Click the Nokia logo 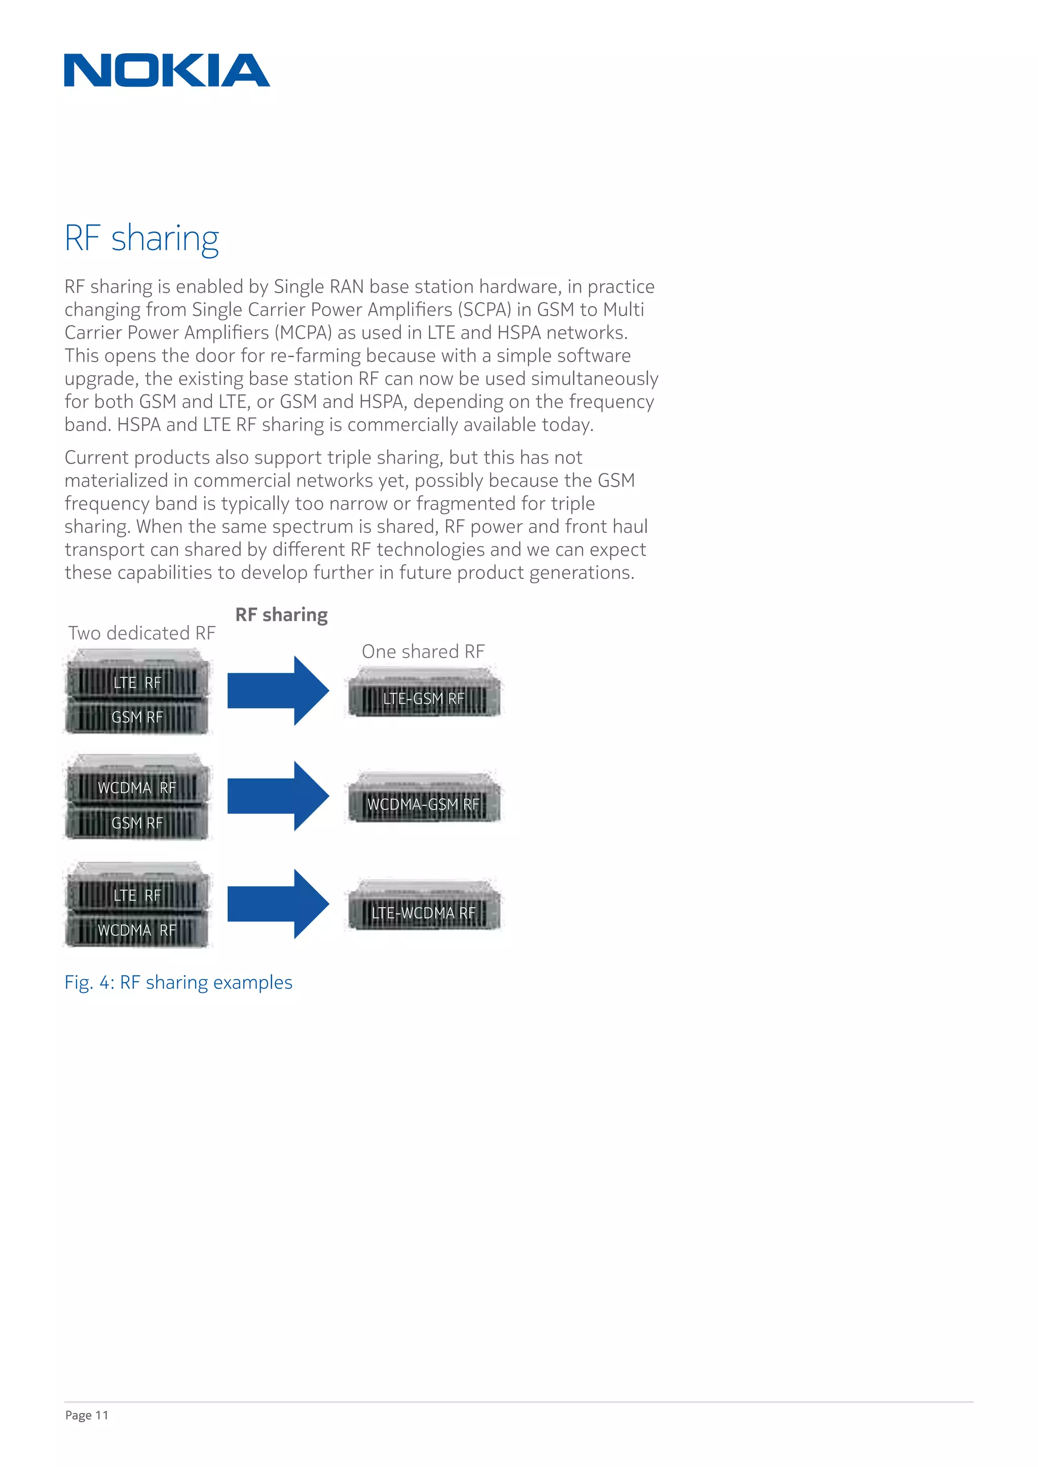pyautogui.click(x=167, y=70)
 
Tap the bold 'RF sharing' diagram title pyautogui.click(x=281, y=614)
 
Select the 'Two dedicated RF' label pyautogui.click(x=142, y=633)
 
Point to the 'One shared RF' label pyautogui.click(x=423, y=652)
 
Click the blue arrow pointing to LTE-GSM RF pyautogui.click(x=278, y=690)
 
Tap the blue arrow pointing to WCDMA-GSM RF pyautogui.click(x=278, y=796)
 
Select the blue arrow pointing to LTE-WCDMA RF pyautogui.click(x=278, y=904)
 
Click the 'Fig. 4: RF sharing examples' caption pyautogui.click(x=178, y=982)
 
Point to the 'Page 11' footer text pyautogui.click(x=87, y=1415)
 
